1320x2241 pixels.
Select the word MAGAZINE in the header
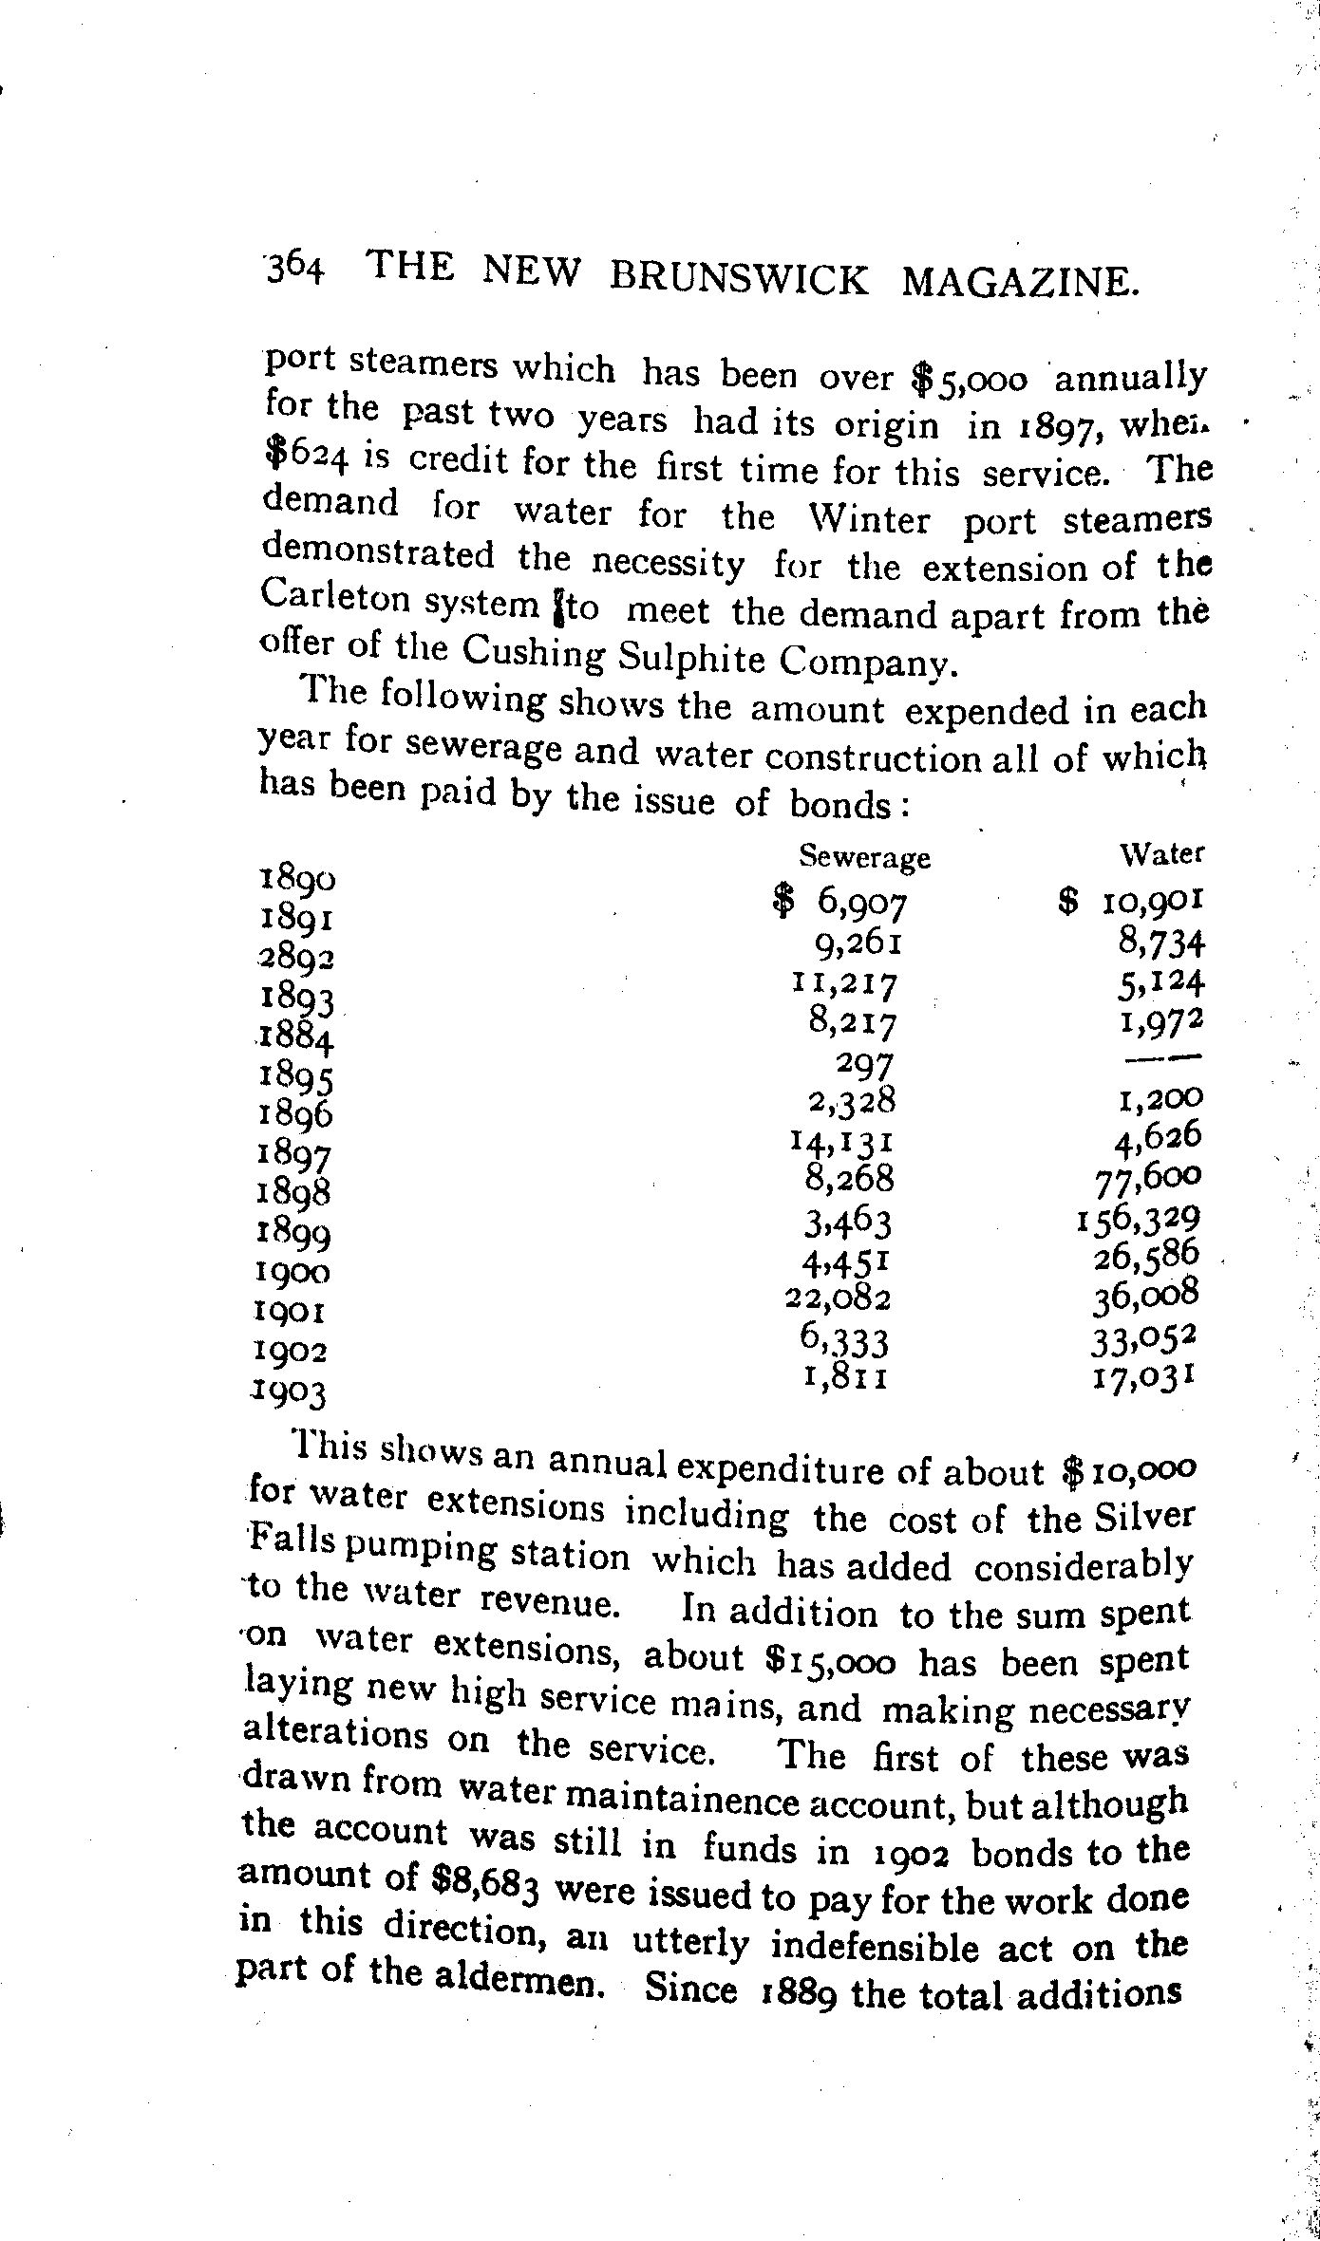tap(1018, 282)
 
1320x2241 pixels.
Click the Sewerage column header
tap(864, 857)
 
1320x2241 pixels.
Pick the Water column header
tap(1162, 853)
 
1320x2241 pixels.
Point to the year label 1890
tap(297, 879)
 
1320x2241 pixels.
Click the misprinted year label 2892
tap(295, 958)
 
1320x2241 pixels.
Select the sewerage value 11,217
tap(844, 985)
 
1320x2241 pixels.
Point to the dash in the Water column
tap(1178, 1055)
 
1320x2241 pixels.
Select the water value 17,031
tap(1142, 1375)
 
